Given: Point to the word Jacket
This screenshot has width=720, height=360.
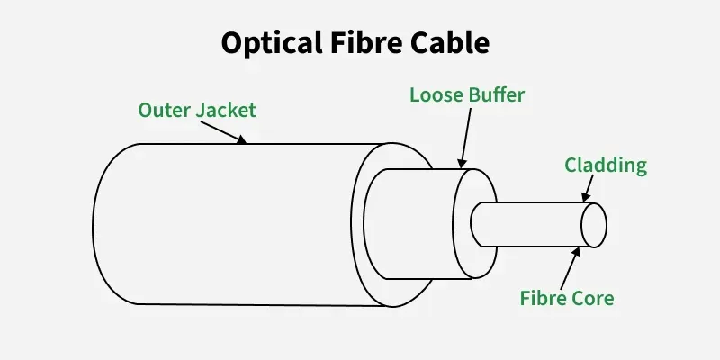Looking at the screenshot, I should (x=227, y=111).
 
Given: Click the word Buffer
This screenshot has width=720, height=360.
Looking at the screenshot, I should (x=495, y=94).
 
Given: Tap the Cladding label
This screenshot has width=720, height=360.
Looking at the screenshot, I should (x=606, y=165).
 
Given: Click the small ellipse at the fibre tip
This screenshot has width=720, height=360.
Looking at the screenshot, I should (x=594, y=224).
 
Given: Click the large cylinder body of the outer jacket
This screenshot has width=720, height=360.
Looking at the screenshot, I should (x=234, y=225).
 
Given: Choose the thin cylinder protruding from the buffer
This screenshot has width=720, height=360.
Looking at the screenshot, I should (x=531, y=224).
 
